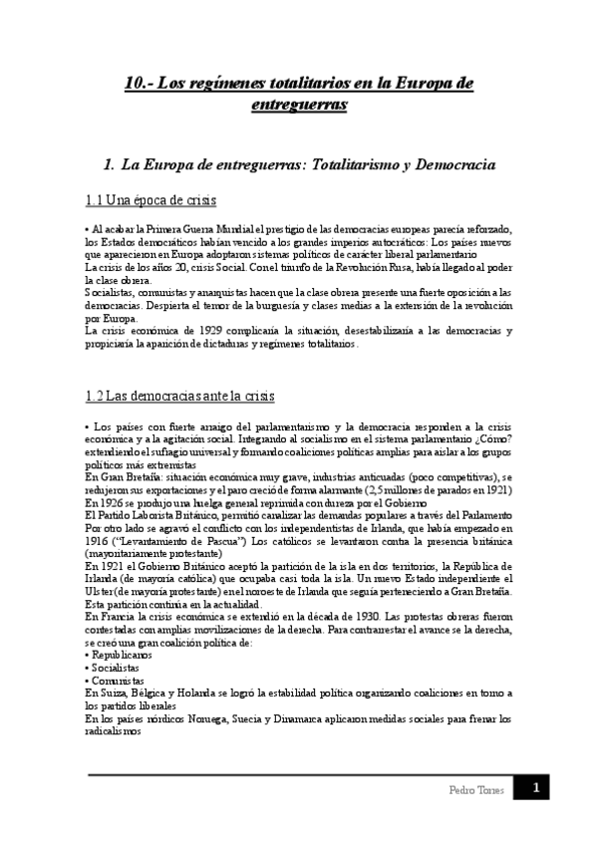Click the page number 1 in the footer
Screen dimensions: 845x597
pos(534,789)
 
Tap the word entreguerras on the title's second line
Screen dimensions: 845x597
pos(298,105)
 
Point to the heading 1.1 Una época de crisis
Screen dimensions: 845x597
pos(150,201)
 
